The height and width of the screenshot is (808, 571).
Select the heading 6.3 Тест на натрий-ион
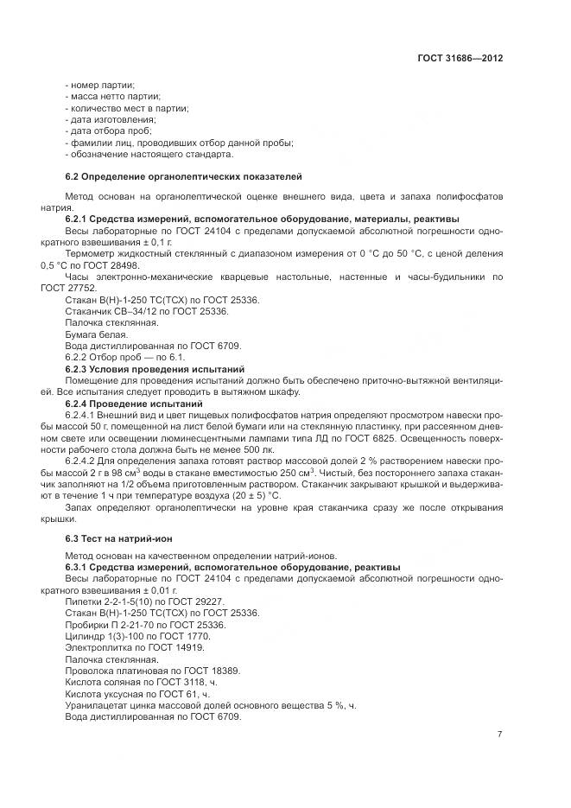pyautogui.click(x=113, y=538)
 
